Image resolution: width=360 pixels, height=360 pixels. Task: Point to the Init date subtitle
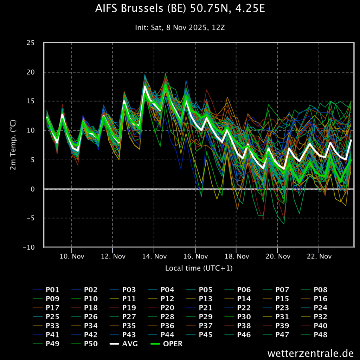tap(180, 27)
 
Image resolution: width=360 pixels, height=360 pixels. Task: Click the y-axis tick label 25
tap(31, 43)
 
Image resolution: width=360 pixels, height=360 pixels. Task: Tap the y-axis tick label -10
tap(29, 247)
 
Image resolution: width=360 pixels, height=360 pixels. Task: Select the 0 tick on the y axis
tap(33, 189)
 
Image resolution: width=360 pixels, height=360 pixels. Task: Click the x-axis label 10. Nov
tap(72, 256)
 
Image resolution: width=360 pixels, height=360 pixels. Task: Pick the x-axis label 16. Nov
tap(195, 256)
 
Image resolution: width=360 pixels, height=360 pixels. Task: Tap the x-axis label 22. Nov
tap(319, 256)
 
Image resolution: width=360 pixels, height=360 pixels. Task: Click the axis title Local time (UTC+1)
tap(199, 268)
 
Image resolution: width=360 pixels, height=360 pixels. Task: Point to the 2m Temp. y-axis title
tap(13, 144)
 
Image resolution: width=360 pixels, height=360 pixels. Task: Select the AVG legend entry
tap(124, 344)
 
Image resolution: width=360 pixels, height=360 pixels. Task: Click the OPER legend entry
tap(166, 344)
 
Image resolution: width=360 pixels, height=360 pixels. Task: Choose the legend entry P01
tap(46, 290)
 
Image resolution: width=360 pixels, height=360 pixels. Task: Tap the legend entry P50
tap(84, 344)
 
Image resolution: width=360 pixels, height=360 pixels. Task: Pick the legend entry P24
tap(314, 308)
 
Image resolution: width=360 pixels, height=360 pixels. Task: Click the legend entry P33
tap(46, 326)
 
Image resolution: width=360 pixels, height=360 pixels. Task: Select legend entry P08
tap(314, 290)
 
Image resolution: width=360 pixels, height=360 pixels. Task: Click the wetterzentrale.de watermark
tap(310, 353)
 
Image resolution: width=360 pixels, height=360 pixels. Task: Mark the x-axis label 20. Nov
tap(278, 256)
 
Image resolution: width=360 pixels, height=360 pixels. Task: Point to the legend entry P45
tap(199, 335)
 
